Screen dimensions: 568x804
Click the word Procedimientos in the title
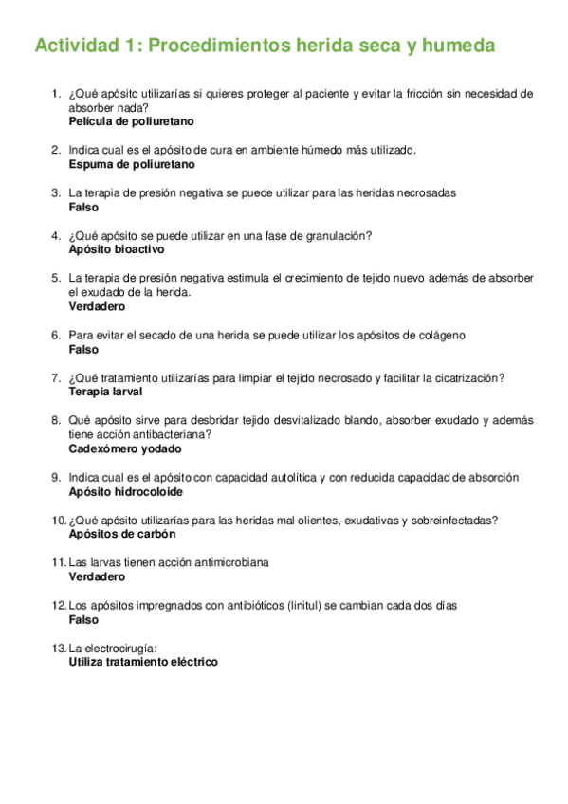[218, 46]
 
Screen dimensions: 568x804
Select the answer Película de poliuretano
[131, 122]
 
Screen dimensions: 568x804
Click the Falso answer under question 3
[83, 207]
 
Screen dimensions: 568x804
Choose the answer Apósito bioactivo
[117, 249]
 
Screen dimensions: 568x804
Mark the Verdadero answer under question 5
[97, 306]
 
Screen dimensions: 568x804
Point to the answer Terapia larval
[105, 391]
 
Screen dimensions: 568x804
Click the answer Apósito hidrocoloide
[126, 492]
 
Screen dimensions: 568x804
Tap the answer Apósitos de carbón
[122, 534]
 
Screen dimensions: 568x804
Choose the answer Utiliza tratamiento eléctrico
[143, 662]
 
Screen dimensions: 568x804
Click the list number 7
[56, 377]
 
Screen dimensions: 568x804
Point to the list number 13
[59, 649]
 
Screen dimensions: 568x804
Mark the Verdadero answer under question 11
[97, 576]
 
